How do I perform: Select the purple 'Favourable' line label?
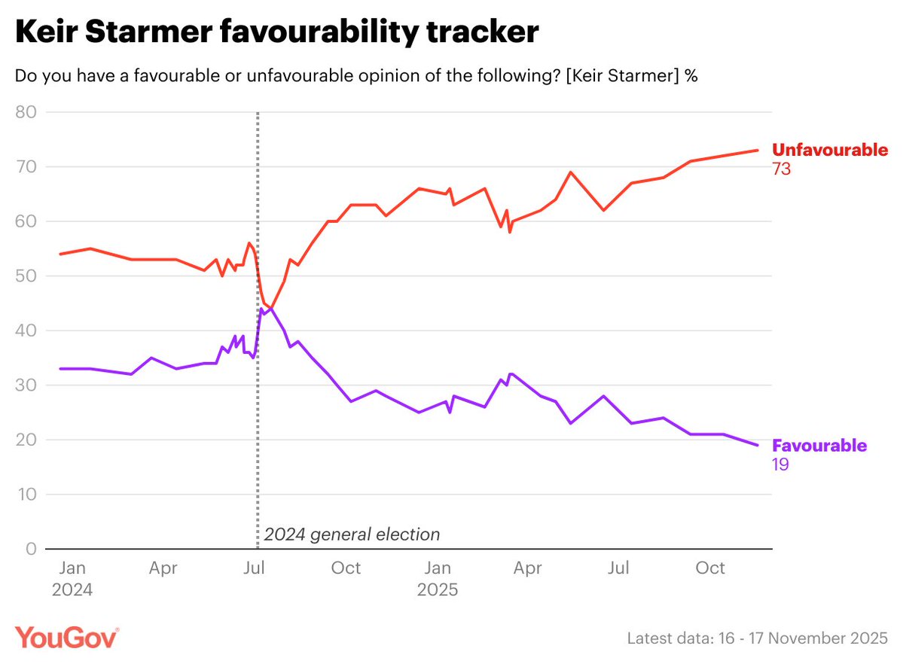click(819, 446)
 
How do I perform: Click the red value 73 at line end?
click(781, 169)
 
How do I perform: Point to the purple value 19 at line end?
click(780, 464)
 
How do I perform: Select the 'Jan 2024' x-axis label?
click(72, 578)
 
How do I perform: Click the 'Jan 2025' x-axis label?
click(438, 578)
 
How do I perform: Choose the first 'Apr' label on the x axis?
click(163, 568)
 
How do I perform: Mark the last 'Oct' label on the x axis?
click(710, 568)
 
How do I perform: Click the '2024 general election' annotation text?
click(352, 535)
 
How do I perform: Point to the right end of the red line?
click(757, 151)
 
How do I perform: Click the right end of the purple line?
click(757, 445)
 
